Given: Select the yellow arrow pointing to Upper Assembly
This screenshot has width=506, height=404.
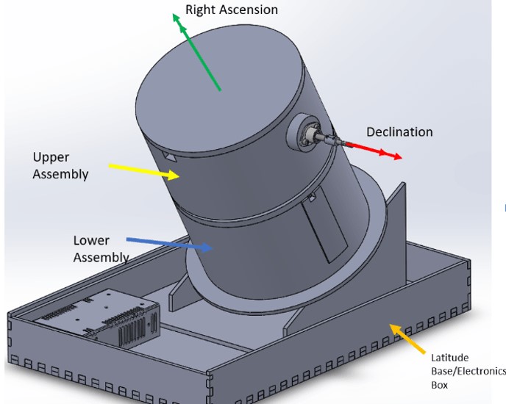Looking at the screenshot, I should (144, 170).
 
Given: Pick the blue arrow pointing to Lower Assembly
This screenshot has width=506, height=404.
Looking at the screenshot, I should (170, 244).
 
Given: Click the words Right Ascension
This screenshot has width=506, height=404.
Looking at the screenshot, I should (232, 10).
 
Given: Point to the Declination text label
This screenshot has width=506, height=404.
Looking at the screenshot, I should (399, 132).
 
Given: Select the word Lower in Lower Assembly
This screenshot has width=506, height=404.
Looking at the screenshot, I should (91, 240).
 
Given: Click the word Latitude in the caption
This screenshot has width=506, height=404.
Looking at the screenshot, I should (451, 357).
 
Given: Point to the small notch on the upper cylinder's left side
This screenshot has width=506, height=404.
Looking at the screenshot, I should (171, 158).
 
